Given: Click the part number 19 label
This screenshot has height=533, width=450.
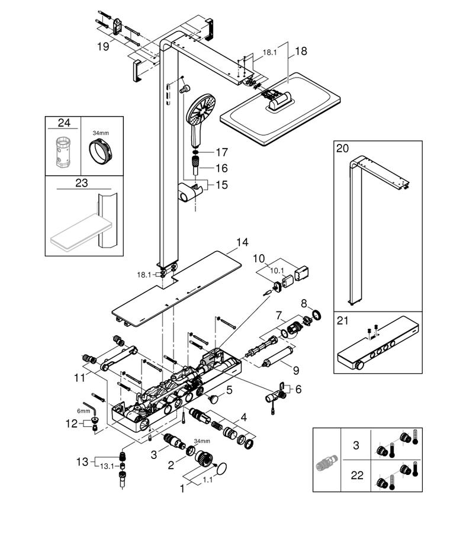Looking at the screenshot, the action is tap(103, 46).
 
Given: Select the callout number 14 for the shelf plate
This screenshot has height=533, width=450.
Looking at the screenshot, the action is tap(242, 242).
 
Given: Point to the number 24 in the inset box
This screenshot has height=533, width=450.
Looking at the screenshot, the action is tap(64, 123).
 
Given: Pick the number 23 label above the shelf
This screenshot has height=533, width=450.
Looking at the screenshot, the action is tap(82, 183).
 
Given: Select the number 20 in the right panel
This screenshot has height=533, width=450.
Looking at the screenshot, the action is tap(343, 148).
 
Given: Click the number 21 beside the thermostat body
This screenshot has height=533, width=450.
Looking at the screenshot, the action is tap(343, 320).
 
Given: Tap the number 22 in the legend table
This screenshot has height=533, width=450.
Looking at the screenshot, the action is tap(357, 475).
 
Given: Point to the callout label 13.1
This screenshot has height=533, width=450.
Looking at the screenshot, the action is tap(107, 467).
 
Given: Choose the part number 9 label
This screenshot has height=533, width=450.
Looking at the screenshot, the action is tap(295, 370).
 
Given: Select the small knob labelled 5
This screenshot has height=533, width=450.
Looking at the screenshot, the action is tap(213, 398).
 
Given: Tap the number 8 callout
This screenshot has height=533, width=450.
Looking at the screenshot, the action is tap(304, 303).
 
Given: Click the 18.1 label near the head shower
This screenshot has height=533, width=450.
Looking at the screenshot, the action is tap(269, 52).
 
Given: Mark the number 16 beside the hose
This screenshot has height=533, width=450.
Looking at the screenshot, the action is tap(221, 168).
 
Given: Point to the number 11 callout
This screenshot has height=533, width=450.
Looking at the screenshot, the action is tap(79, 377).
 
